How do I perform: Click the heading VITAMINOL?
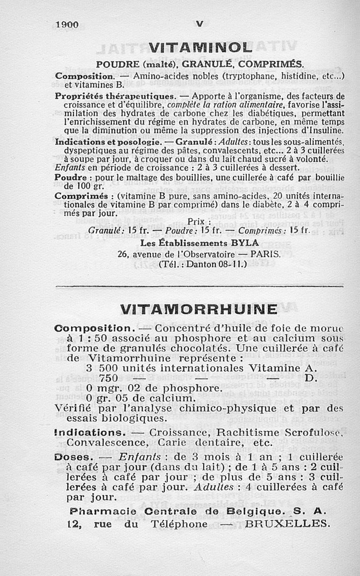(199, 47)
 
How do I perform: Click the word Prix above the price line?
(200, 221)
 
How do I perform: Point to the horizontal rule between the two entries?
(199, 285)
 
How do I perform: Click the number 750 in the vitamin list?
(108, 378)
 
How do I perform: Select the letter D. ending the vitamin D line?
(310, 378)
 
